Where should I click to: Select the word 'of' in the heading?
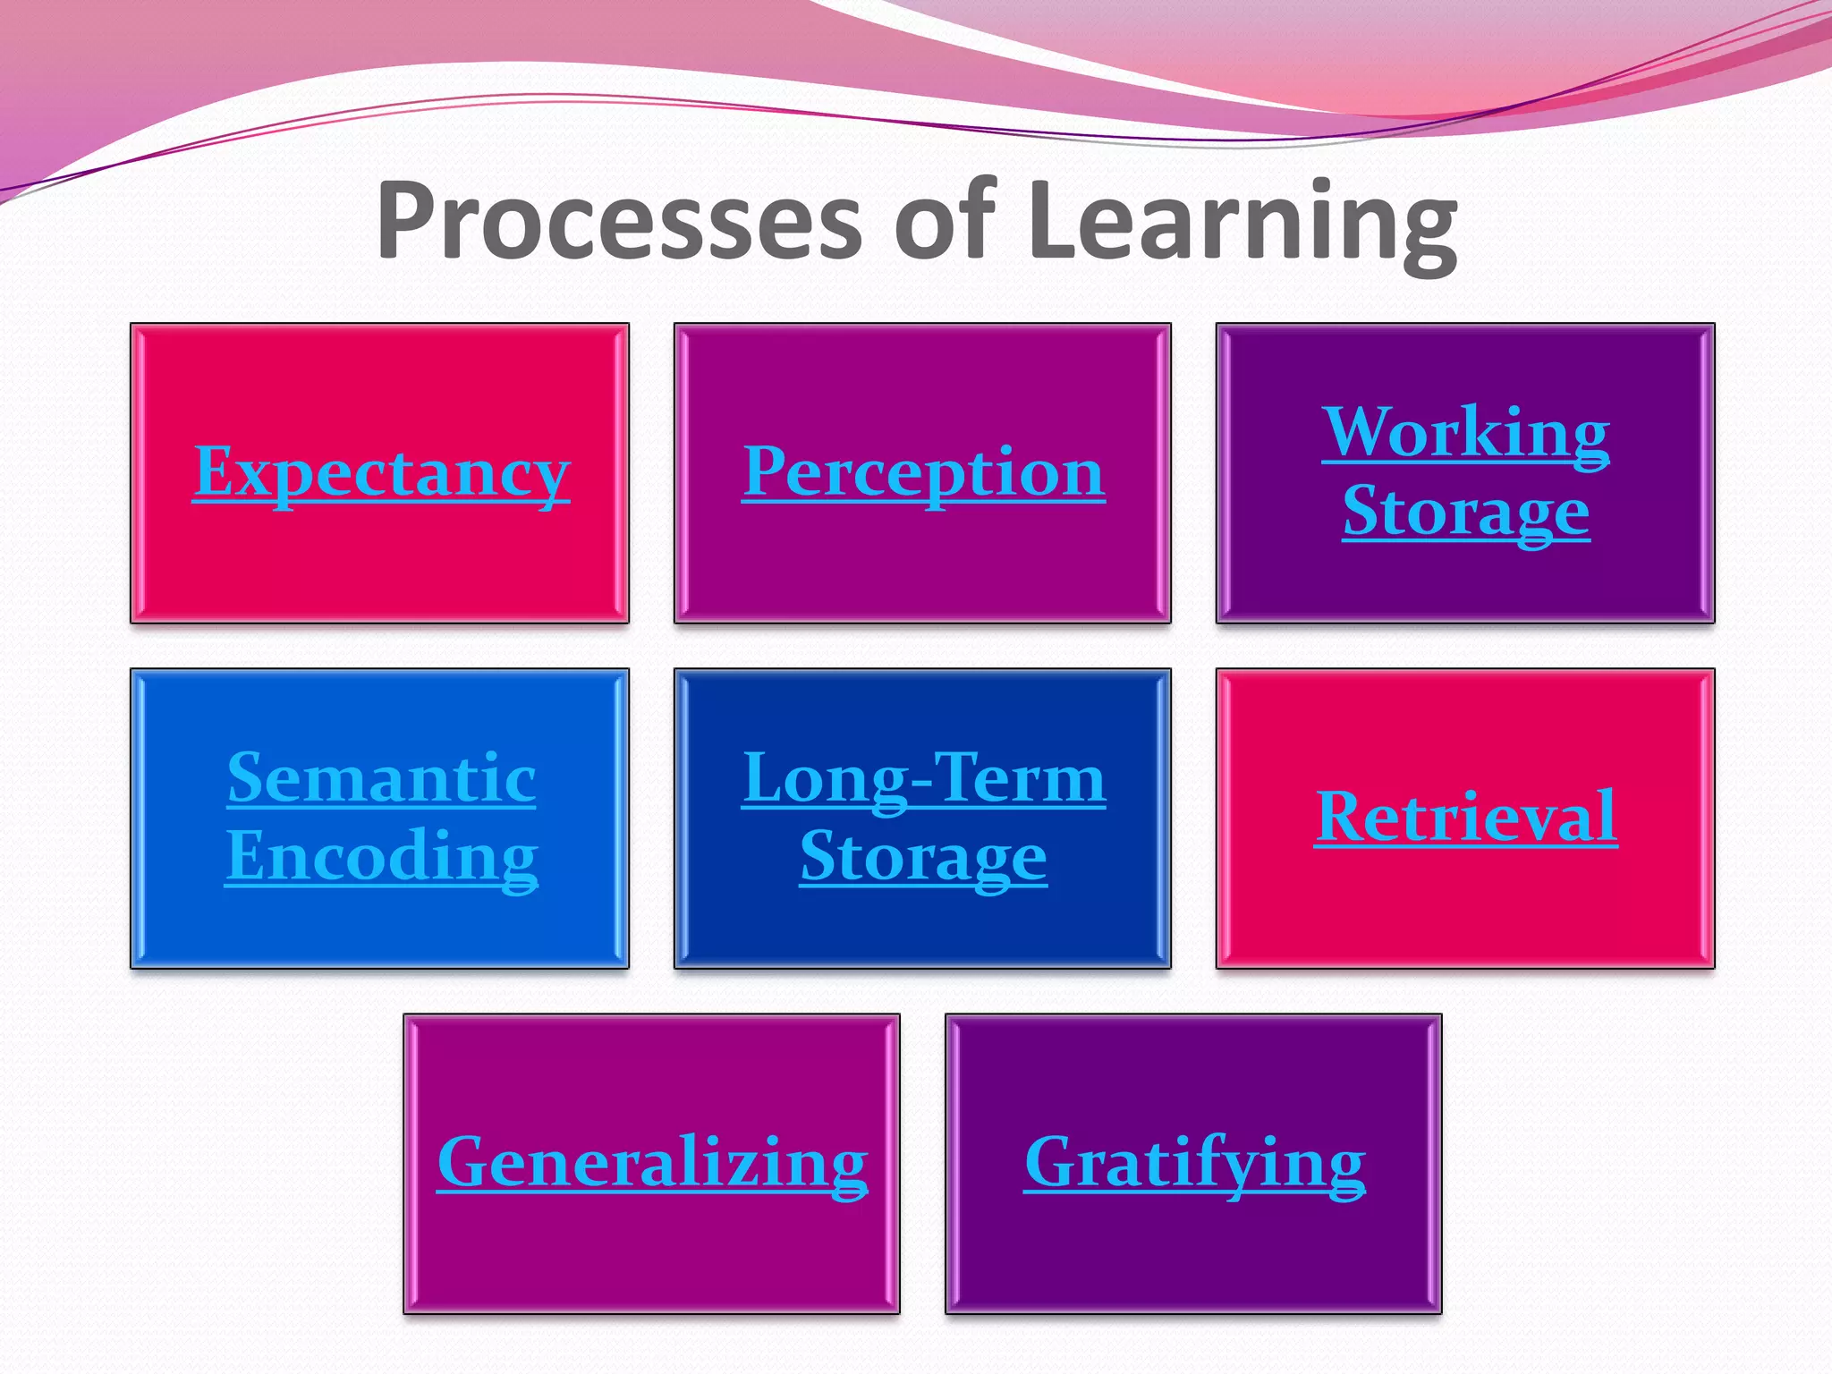[x=945, y=221]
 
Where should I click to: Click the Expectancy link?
[x=381, y=472]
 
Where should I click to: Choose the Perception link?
[x=923, y=472]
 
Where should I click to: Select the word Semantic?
[x=381, y=778]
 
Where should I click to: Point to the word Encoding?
[x=381, y=856]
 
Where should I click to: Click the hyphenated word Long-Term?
[x=923, y=778]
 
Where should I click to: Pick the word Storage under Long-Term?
[x=923, y=857]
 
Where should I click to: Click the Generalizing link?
[x=652, y=1162]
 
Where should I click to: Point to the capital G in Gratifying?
[x=1052, y=1162]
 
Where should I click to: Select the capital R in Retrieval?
[x=1342, y=816]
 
